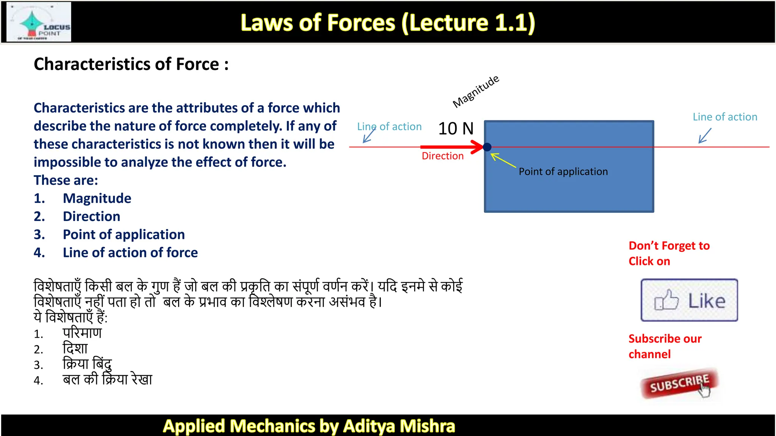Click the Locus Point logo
(x=39, y=22)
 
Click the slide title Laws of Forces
(x=388, y=23)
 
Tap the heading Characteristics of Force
(x=131, y=64)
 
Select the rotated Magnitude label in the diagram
(x=476, y=92)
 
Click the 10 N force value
(x=456, y=129)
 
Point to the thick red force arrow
(x=451, y=147)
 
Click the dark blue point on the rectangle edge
(x=487, y=147)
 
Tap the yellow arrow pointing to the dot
(x=503, y=160)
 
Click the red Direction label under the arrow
(x=443, y=156)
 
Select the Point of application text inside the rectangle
(x=563, y=172)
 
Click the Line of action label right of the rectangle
(x=725, y=117)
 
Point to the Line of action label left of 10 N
(x=390, y=127)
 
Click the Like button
(x=689, y=301)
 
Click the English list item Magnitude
(x=97, y=198)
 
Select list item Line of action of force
(x=130, y=252)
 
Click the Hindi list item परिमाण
(x=82, y=333)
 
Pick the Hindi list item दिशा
(x=75, y=349)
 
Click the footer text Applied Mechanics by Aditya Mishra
(x=309, y=426)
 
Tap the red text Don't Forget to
(x=669, y=246)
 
